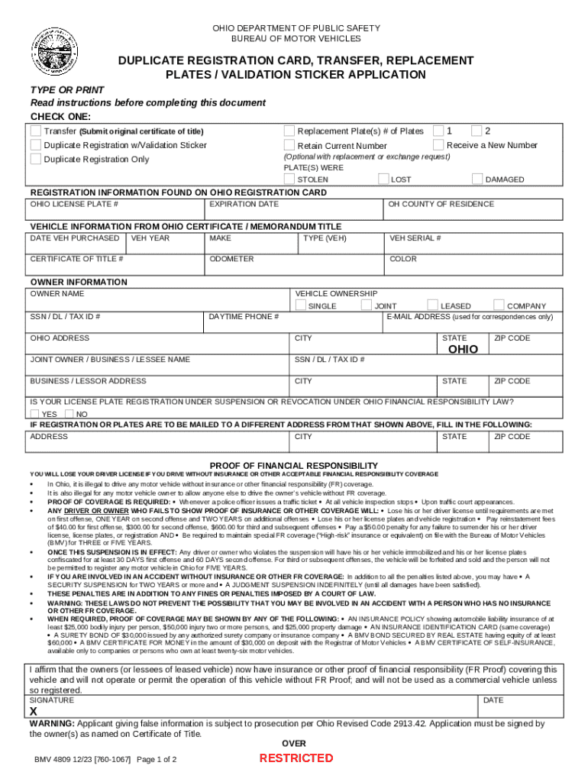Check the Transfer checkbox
tap(36, 131)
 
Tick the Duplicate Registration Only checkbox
tap(36, 159)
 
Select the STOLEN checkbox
tap(289, 179)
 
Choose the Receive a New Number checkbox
tap(439, 145)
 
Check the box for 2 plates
tap(477, 131)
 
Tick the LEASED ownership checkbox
tap(433, 305)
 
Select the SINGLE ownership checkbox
tap(301, 305)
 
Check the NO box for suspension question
tap(69, 413)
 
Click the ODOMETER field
tap(294, 267)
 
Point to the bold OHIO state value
tap(463, 349)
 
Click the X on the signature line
tap(34, 711)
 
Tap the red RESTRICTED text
tap(296, 758)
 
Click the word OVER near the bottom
tap(294, 744)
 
